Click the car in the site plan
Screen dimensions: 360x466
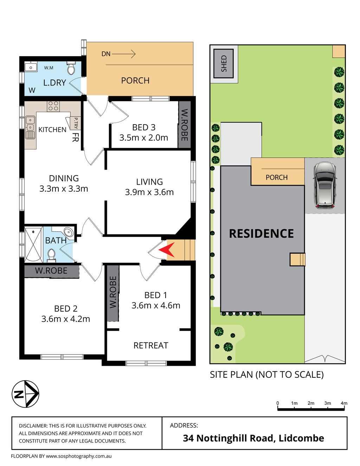324,185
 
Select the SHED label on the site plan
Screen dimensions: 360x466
224,64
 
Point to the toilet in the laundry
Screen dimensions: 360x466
71,68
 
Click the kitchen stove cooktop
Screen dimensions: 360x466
53,106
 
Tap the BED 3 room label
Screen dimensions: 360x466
143,127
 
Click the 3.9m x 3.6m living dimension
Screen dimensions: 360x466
149,192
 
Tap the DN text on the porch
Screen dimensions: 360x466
106,54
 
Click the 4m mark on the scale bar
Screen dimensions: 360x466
344,403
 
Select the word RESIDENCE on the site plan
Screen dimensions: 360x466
262,234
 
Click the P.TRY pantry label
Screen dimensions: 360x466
76,123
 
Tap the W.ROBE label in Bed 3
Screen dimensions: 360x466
185,125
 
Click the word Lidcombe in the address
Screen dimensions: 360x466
301,438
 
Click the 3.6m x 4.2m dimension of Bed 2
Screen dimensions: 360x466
66,319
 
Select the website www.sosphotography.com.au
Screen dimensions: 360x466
79,456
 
